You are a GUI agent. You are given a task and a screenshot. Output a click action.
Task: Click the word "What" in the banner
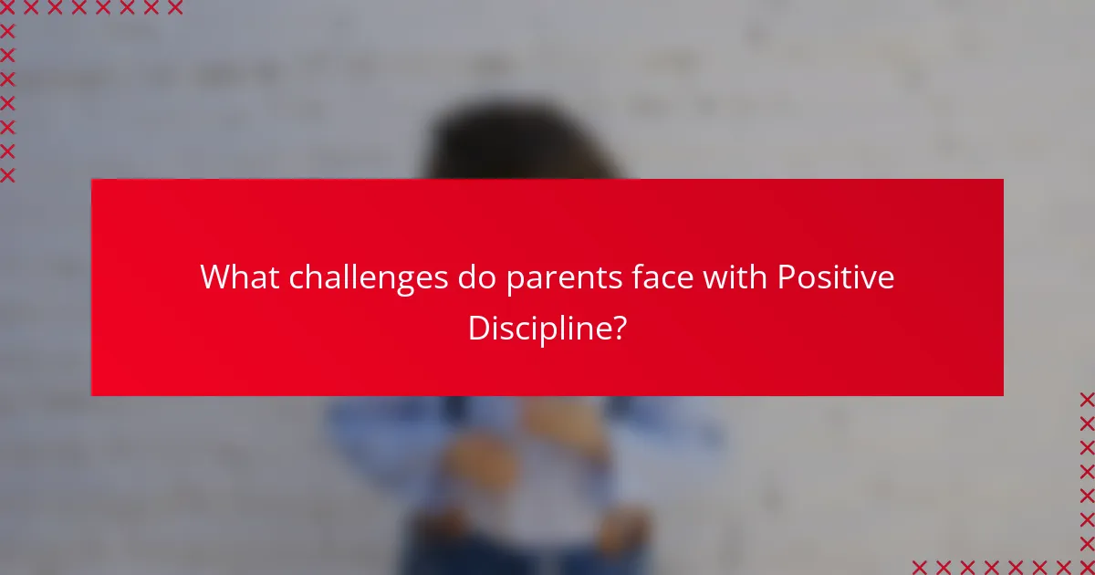click(x=240, y=277)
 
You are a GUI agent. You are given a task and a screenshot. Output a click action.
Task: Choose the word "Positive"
click(x=836, y=277)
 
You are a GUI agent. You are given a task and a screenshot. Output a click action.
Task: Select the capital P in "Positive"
click(x=785, y=277)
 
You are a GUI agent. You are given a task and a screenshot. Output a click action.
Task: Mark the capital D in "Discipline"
click(x=478, y=327)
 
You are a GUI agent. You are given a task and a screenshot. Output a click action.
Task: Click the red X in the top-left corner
click(x=7, y=8)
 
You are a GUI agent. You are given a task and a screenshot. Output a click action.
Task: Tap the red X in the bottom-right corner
click(x=1087, y=567)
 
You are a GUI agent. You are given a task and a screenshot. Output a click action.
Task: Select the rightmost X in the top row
click(x=175, y=8)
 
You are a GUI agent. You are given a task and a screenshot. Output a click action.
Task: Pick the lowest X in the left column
click(x=7, y=175)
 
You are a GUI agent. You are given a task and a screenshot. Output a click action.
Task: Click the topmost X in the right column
click(x=1087, y=399)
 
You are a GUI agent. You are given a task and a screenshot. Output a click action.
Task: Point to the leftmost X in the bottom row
click(x=919, y=567)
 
